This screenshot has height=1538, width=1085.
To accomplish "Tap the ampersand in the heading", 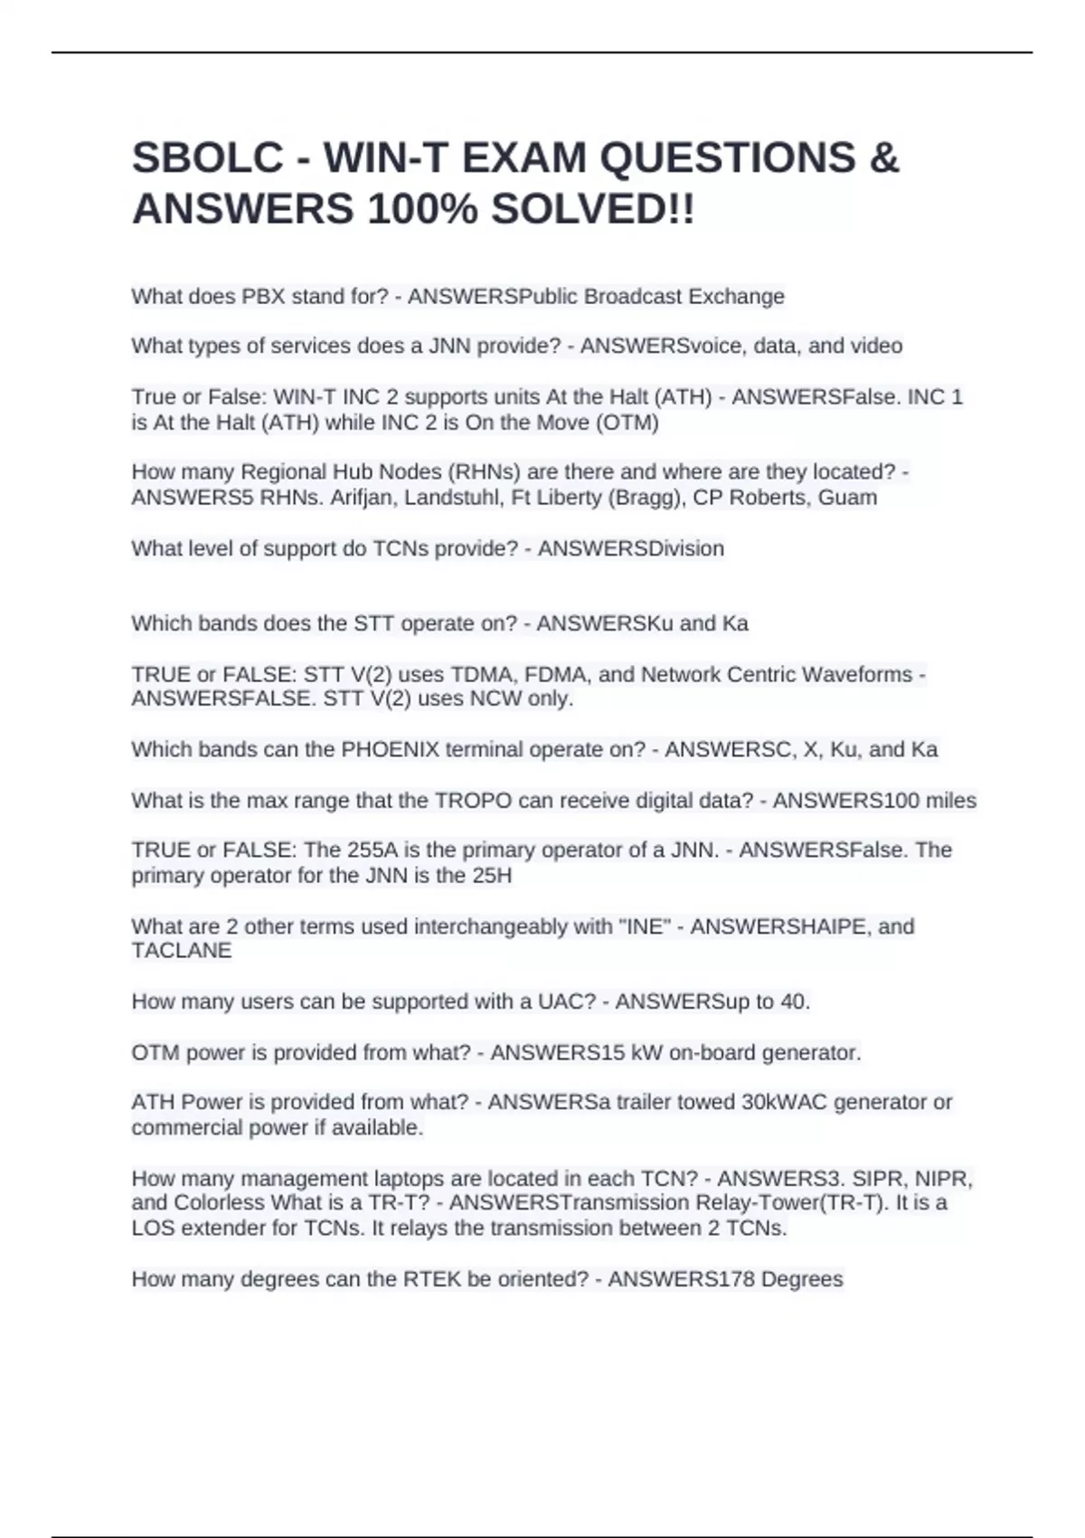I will pyautogui.click(x=884, y=158).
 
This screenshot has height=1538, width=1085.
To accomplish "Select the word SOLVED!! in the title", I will pyautogui.click(x=593, y=210).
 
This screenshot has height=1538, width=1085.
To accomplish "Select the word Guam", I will pyautogui.click(x=847, y=498).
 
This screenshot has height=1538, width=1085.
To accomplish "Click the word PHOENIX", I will pyautogui.click(x=390, y=750).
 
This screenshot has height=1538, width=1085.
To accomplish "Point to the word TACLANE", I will pyautogui.click(x=182, y=951).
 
